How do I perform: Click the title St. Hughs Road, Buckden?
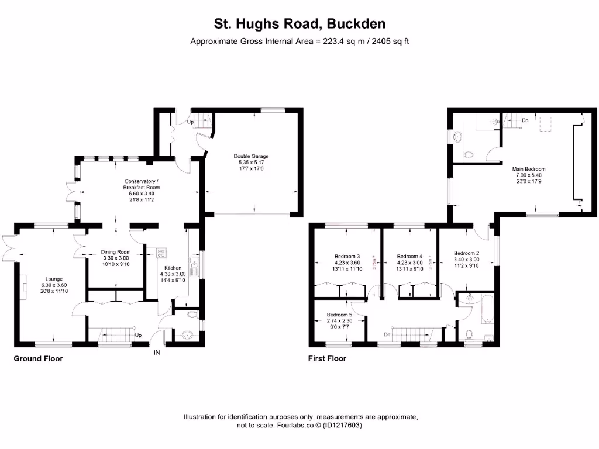coord(299,24)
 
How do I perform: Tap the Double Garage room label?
coord(251,156)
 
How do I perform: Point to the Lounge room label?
coord(54,279)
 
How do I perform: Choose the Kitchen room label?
coord(173,268)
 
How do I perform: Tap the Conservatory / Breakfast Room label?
coord(144,181)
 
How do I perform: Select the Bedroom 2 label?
coord(466,253)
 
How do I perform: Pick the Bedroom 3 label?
coord(347,257)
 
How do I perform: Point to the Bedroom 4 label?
coord(409,257)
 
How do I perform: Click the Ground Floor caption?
coord(38,358)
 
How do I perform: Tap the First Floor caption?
coord(327,358)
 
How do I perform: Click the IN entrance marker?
coord(157,353)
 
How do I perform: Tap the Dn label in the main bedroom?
coord(525,120)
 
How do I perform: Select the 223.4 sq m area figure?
coord(345,42)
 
